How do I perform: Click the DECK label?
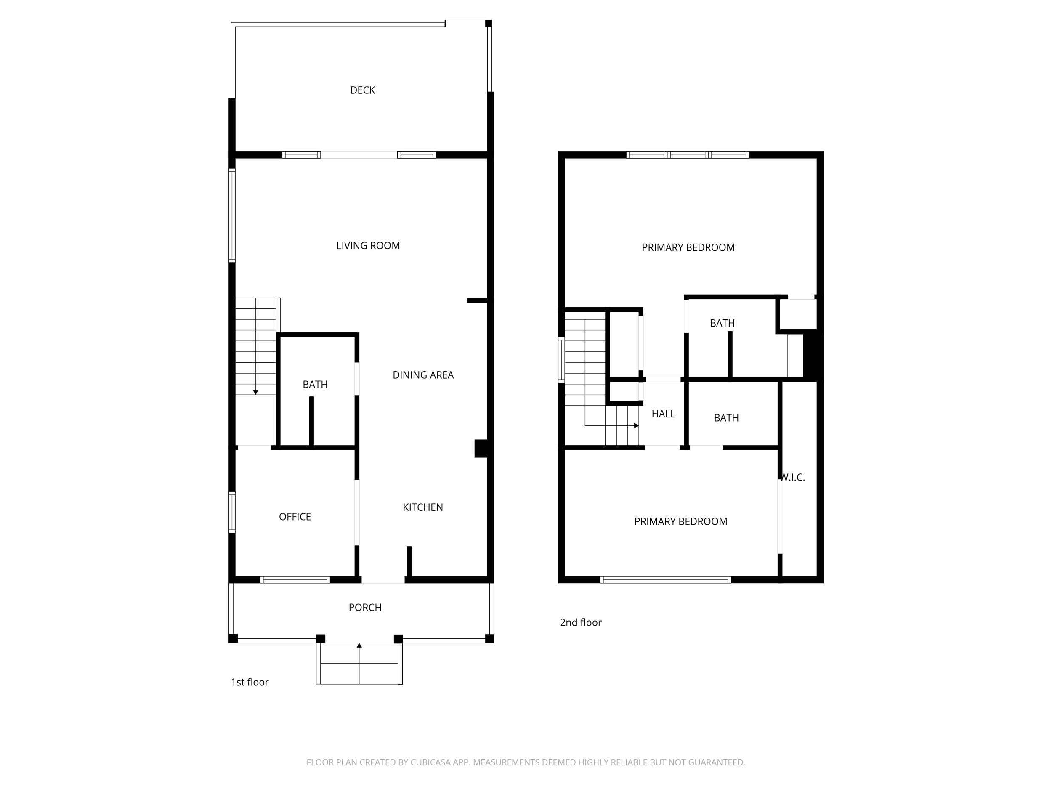pos(362,90)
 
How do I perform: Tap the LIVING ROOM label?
pos(368,246)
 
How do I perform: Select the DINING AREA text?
pos(423,375)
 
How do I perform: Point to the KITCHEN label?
pos(423,507)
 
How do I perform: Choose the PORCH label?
pos(365,608)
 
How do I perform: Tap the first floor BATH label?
pos(315,385)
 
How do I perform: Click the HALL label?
pos(664,414)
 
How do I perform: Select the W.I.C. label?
pos(793,478)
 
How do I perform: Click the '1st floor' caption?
pos(250,683)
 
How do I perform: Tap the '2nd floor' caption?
pos(581,622)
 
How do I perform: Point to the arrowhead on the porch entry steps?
pos(359,646)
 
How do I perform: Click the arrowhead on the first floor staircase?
pos(255,392)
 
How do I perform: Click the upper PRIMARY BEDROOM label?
pos(688,248)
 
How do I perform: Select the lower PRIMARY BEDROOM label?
pos(680,522)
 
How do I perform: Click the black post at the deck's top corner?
pos(489,23)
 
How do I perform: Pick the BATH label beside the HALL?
pos(726,418)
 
